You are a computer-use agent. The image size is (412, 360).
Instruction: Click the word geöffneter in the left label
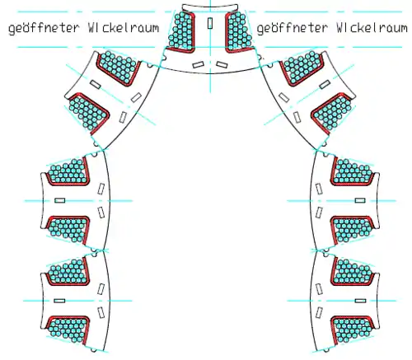click(44, 28)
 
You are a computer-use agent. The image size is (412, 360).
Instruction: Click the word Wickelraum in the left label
click(124, 27)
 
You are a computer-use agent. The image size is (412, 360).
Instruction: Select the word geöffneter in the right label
click(293, 28)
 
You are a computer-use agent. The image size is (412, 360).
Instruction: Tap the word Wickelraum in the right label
click(372, 27)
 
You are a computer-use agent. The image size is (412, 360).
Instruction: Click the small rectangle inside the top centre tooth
click(210, 23)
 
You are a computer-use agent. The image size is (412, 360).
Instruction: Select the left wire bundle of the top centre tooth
click(181, 30)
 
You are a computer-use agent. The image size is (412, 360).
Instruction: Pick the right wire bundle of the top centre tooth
click(239, 30)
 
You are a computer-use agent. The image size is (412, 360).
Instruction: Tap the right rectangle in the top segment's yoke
click(222, 65)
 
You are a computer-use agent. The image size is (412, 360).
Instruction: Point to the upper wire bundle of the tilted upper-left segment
click(118, 67)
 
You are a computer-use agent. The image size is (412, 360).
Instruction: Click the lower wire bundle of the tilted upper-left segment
click(87, 112)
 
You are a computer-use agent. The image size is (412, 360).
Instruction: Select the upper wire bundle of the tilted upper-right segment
click(302, 67)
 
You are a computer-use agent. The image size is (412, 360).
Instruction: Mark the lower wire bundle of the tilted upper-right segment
click(333, 112)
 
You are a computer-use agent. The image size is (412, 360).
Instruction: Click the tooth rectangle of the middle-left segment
click(59, 200)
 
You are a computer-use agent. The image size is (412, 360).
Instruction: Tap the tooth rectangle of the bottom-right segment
click(360, 301)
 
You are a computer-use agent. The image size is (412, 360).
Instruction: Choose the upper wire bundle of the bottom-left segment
click(68, 271)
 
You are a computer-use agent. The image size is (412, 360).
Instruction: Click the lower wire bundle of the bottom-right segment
click(352, 330)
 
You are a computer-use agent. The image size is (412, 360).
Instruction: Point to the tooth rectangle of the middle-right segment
click(360, 200)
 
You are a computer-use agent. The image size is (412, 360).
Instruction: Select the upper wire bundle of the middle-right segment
click(353, 171)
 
